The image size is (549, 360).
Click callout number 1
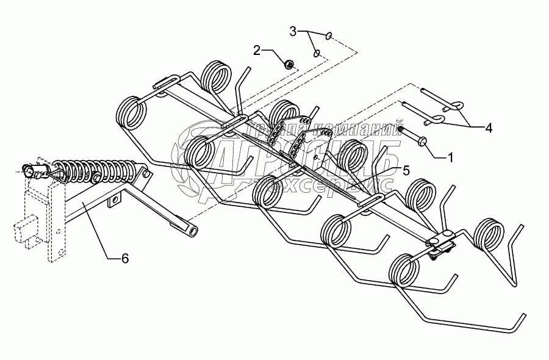450,157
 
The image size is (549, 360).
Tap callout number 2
257,49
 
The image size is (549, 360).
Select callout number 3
293,30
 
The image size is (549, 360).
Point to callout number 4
489,128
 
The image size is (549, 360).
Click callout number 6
125,258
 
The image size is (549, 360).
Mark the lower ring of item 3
317,54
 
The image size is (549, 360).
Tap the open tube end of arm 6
195,232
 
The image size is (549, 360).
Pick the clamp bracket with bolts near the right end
440,245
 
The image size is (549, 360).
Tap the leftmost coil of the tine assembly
132,113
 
